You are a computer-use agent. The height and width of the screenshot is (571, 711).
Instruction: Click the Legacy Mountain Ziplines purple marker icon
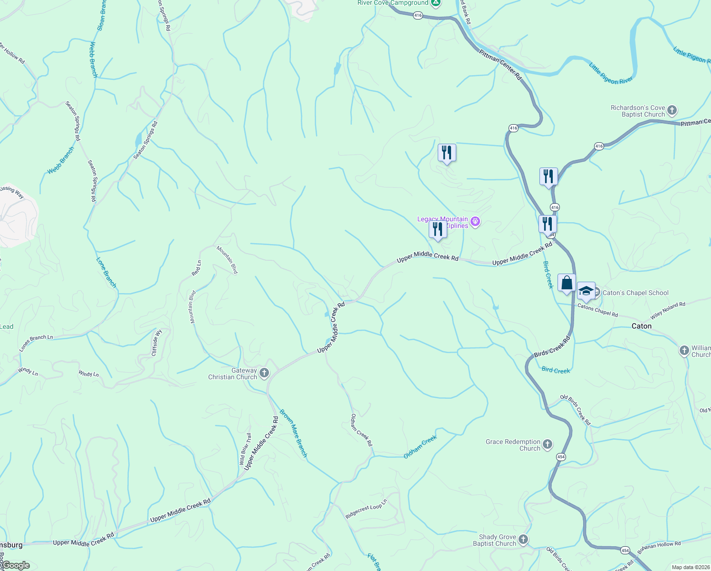[x=475, y=222]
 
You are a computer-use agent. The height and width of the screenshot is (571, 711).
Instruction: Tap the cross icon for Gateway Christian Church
[x=264, y=373]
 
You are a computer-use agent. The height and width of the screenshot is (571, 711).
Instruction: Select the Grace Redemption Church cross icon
[x=548, y=444]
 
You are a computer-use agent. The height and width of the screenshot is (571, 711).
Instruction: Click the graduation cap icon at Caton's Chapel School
[x=586, y=291]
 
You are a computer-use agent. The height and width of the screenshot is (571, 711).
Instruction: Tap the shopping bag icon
[x=567, y=283]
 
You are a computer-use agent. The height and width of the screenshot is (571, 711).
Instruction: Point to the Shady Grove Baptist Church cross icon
[x=523, y=540]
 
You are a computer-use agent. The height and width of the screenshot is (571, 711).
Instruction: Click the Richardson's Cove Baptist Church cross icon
[x=672, y=110]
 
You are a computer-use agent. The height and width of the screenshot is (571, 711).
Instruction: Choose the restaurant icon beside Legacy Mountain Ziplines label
[x=437, y=229]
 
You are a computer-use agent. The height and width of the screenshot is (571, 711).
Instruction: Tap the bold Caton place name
[x=641, y=326]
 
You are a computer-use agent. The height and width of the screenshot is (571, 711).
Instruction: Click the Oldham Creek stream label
[x=420, y=447]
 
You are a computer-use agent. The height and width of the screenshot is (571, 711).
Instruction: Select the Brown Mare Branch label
[x=293, y=433]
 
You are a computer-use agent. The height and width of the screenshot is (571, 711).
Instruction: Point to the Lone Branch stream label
[x=106, y=273]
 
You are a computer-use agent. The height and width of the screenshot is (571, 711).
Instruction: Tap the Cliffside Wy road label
[x=157, y=343]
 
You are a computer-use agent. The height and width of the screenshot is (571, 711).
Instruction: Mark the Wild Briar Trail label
[x=245, y=449]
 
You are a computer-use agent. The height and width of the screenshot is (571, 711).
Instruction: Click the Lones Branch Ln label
[x=36, y=343]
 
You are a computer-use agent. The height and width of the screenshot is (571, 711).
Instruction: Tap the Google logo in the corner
[x=16, y=565]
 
